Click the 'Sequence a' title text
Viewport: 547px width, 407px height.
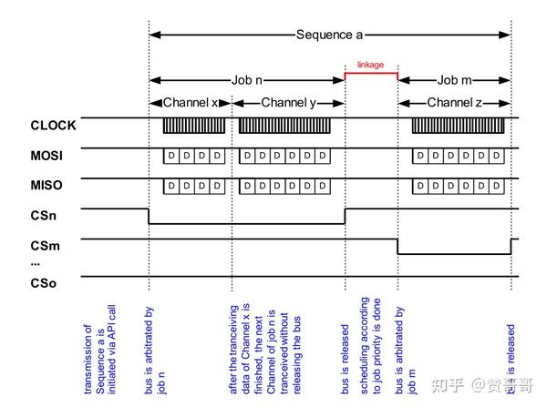[329, 35]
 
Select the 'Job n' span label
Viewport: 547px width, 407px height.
[246, 79]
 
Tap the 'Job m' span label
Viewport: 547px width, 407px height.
[455, 79]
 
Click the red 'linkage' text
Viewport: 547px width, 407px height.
[371, 66]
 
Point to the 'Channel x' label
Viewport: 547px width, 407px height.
[191, 103]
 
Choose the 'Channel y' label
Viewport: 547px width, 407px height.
[288, 103]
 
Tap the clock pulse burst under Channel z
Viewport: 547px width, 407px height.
[460, 126]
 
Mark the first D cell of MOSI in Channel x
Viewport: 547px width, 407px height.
[170, 157]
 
